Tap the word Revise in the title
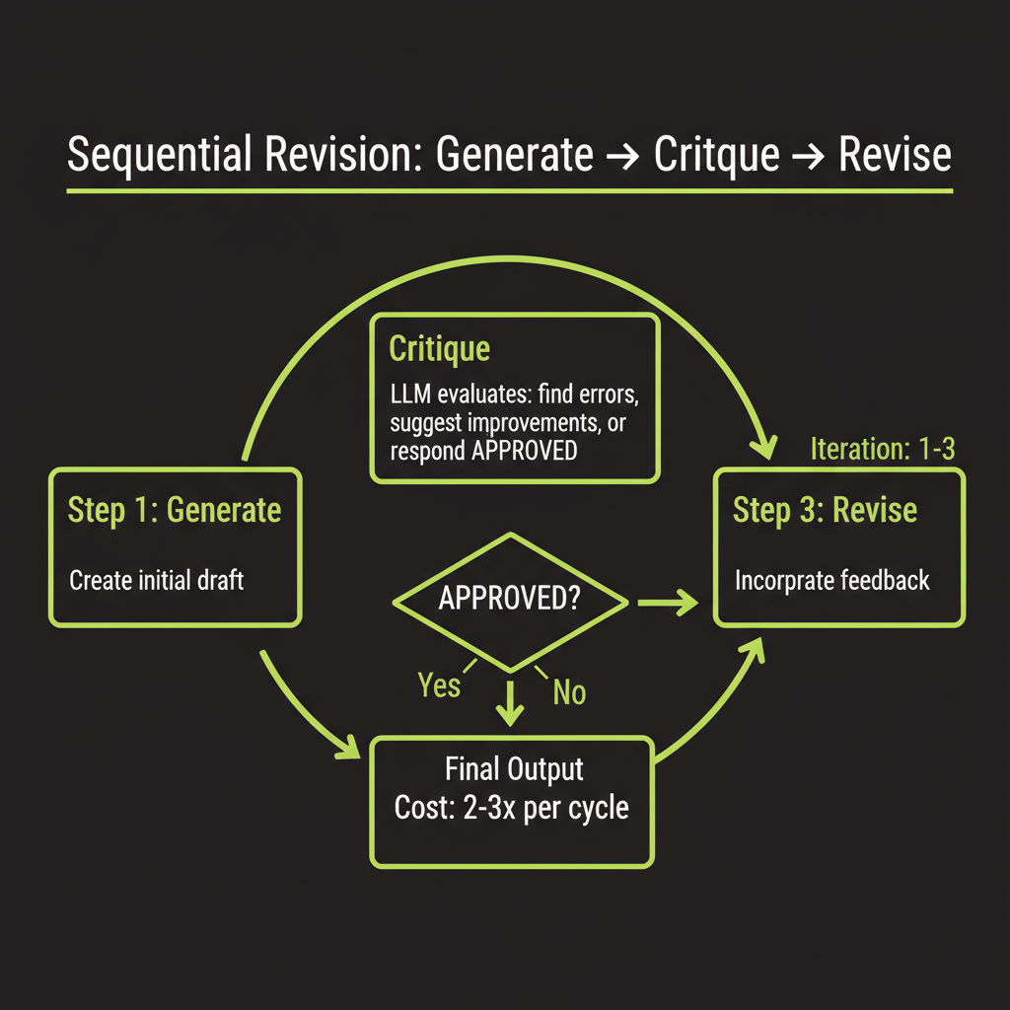click(x=895, y=156)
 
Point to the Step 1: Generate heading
click(x=175, y=510)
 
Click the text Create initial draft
click(x=156, y=579)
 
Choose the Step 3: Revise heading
click(x=825, y=510)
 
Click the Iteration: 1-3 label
click(x=882, y=450)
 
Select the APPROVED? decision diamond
click(x=510, y=600)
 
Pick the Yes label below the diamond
click(x=439, y=685)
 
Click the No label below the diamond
click(x=569, y=692)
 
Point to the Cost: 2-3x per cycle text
click(x=510, y=808)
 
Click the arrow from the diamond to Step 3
click(x=668, y=602)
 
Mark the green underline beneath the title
click(x=510, y=189)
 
